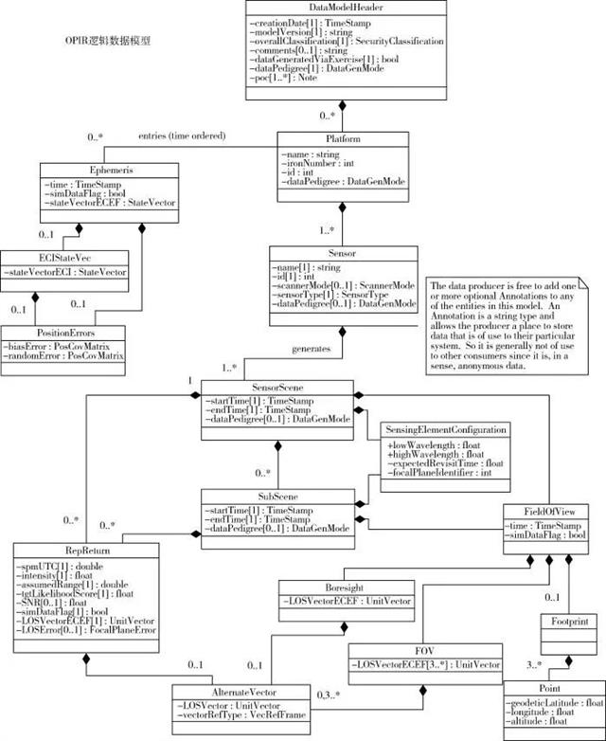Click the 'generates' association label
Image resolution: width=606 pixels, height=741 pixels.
coord(312,349)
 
